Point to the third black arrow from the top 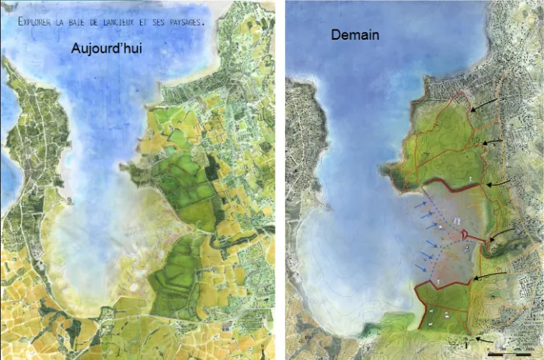[499, 183]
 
